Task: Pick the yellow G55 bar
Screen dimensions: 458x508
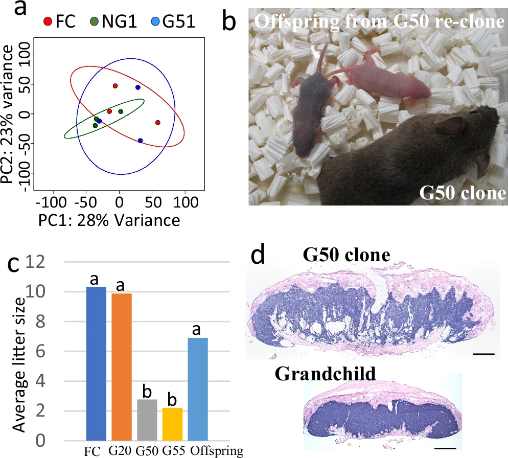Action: (x=172, y=424)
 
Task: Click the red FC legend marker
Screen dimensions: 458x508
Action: (x=47, y=22)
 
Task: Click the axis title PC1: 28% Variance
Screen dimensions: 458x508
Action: (x=108, y=220)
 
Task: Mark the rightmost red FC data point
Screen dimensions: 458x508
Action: (x=157, y=123)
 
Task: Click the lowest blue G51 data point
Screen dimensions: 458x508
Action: (x=140, y=141)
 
